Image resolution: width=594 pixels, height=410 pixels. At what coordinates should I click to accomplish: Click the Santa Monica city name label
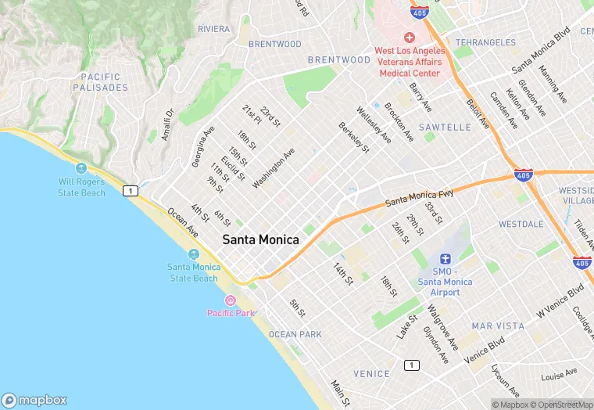(x=260, y=240)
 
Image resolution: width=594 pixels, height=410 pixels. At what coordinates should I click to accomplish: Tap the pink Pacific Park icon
(x=231, y=300)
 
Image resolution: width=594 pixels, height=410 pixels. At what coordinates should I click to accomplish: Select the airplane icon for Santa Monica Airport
(x=445, y=259)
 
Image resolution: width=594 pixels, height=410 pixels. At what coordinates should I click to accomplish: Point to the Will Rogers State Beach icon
(x=81, y=168)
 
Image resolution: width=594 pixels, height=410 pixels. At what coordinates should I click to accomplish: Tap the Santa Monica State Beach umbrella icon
(x=193, y=254)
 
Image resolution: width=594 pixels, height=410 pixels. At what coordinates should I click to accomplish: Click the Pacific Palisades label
(x=100, y=82)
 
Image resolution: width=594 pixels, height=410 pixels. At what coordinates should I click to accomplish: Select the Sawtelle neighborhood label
(x=445, y=127)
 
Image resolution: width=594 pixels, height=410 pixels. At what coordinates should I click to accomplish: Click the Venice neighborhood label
(x=371, y=374)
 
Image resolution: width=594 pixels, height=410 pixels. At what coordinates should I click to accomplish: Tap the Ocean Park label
(x=295, y=334)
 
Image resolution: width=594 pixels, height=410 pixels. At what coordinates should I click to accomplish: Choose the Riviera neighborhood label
(x=213, y=29)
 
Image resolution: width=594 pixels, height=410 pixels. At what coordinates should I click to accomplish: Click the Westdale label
(x=521, y=224)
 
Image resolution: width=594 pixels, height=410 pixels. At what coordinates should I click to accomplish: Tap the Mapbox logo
(x=34, y=399)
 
